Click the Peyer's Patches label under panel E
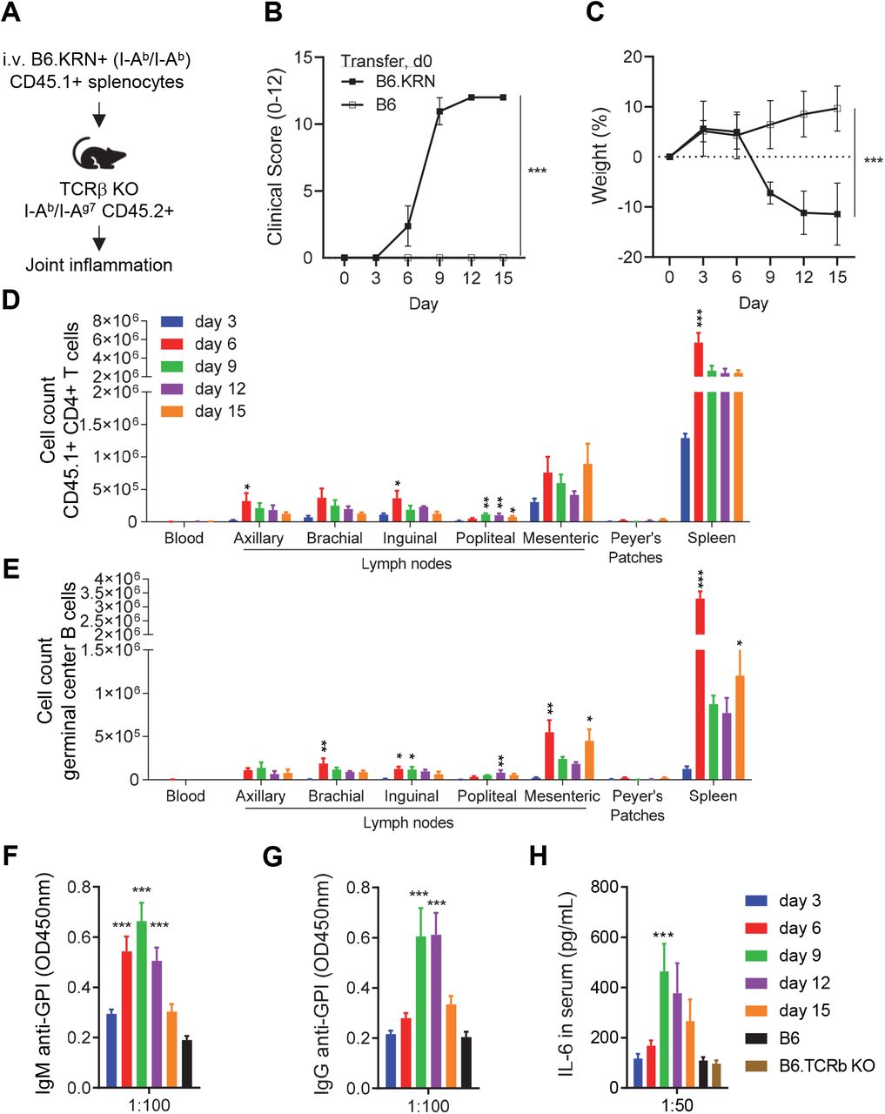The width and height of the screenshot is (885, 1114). [637, 805]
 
